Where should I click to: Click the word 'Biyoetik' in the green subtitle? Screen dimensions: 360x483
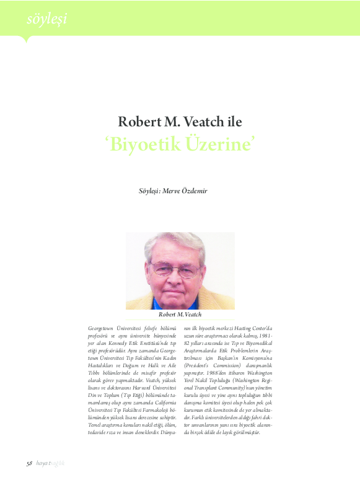click(x=146, y=144)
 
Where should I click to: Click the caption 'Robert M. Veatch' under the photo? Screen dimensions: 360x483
click(x=180, y=315)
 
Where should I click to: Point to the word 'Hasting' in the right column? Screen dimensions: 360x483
click(x=237, y=326)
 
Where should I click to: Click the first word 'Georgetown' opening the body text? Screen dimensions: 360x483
click(x=102, y=326)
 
